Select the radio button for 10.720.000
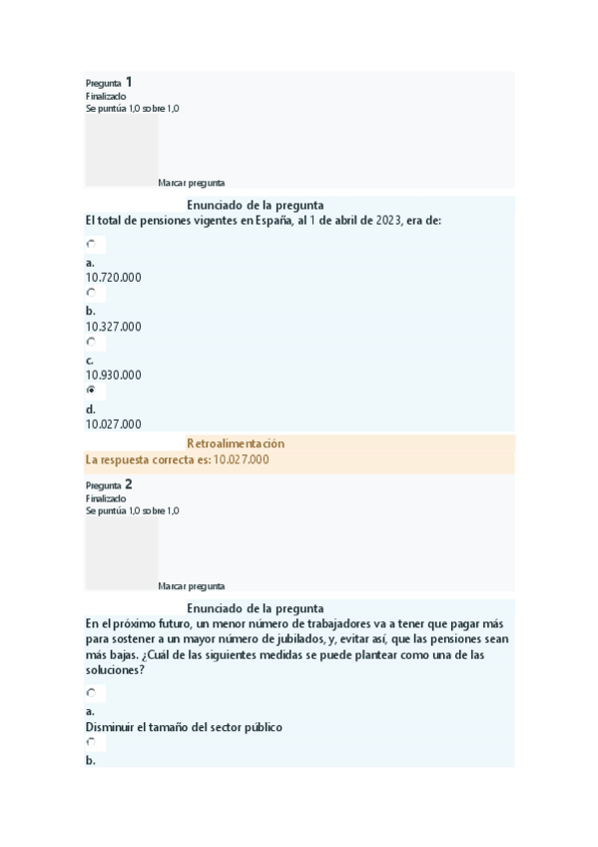[92, 244]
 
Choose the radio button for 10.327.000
[92, 293]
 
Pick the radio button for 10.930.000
[92, 342]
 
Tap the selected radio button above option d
[92, 391]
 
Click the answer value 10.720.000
[113, 278]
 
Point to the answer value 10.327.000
[113, 327]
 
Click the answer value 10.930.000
[113, 376]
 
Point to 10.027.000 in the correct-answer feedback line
[241, 459]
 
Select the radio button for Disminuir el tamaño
[92, 693]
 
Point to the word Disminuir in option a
[112, 727]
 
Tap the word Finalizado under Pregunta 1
[106, 96]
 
